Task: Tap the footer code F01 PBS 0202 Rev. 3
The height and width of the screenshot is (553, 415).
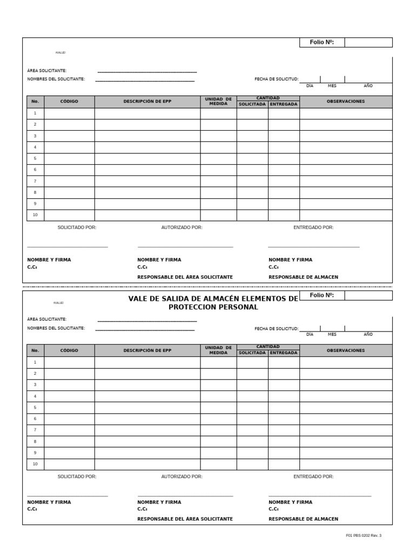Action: click(x=363, y=535)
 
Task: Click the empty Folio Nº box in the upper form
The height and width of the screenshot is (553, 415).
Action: click(x=369, y=42)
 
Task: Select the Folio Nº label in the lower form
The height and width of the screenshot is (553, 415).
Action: click(x=322, y=295)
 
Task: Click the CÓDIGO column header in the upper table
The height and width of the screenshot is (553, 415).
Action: click(x=69, y=102)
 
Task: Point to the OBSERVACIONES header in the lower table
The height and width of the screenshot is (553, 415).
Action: click(x=346, y=350)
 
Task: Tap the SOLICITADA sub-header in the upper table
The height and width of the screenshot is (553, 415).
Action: click(x=252, y=104)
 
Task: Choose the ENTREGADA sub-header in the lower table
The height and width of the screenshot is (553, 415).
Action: click(x=284, y=353)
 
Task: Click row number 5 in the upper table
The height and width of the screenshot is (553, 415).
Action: click(x=35, y=158)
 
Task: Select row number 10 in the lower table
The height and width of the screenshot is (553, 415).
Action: click(x=35, y=464)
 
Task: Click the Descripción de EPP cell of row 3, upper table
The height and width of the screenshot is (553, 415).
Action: click(x=148, y=136)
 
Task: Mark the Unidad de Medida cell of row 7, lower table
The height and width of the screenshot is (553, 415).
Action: click(x=218, y=430)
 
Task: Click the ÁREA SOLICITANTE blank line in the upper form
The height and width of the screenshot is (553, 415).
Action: click(x=147, y=70)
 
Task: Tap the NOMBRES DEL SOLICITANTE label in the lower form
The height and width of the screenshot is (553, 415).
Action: click(x=56, y=328)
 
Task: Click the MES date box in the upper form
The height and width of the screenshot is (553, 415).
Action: click(x=332, y=79)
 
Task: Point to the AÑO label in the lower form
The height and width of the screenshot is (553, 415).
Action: click(x=368, y=334)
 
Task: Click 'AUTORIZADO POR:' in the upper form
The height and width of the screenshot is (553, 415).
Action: click(x=182, y=227)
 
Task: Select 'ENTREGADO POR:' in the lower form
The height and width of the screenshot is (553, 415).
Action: click(x=313, y=476)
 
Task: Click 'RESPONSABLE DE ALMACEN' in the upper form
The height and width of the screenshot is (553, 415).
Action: click(x=303, y=277)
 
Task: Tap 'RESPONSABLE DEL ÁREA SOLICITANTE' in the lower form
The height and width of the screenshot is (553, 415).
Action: click(x=185, y=518)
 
